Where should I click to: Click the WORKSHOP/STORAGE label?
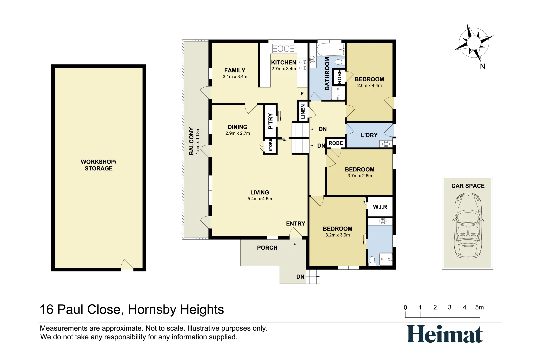point(98,165)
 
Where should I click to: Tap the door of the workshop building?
point(127,265)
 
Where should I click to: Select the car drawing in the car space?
point(467,226)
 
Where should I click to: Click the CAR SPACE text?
point(468,186)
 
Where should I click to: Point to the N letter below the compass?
point(482,67)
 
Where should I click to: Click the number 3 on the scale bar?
point(449,307)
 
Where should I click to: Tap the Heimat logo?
point(445,334)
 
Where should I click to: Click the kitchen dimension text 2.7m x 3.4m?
point(283,69)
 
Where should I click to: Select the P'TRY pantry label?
point(270,121)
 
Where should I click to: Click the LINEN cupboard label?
point(303,111)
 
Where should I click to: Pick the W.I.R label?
point(380,207)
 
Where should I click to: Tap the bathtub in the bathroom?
point(330,50)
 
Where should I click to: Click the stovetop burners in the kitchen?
point(302,65)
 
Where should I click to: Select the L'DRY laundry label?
point(369,135)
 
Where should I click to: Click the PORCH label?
point(267,248)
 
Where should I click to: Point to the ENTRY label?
point(295,224)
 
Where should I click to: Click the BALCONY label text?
point(191,141)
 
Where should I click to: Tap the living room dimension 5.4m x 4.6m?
point(260,199)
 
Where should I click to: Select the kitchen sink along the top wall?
point(284,49)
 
